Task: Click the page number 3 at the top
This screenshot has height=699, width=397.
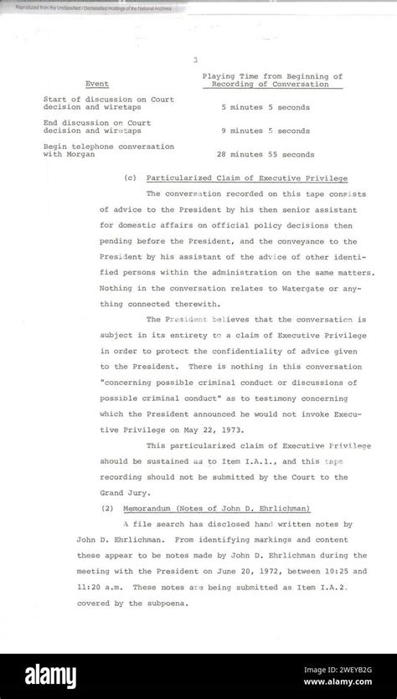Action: pyautogui.click(x=194, y=59)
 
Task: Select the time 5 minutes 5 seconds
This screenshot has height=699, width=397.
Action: pyautogui.click(x=265, y=107)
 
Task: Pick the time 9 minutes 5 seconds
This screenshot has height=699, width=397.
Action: pyautogui.click(x=265, y=131)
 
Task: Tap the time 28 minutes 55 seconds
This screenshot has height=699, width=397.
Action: pyautogui.click(x=265, y=154)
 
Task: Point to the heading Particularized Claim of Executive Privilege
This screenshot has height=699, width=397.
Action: pyautogui.click(x=246, y=178)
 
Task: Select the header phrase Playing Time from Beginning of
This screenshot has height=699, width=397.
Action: pyautogui.click(x=272, y=75)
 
